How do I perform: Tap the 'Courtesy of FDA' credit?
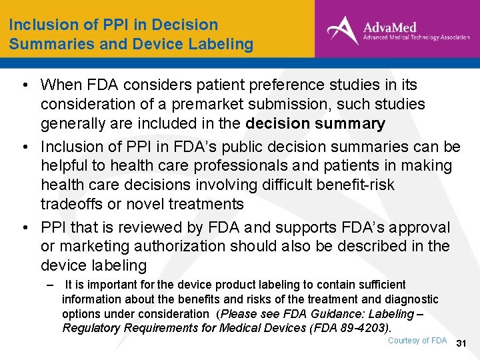pyautogui.click(x=417, y=341)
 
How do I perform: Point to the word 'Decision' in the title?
pyautogui.click(x=185, y=25)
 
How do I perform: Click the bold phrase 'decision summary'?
pyautogui.click(x=315, y=123)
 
